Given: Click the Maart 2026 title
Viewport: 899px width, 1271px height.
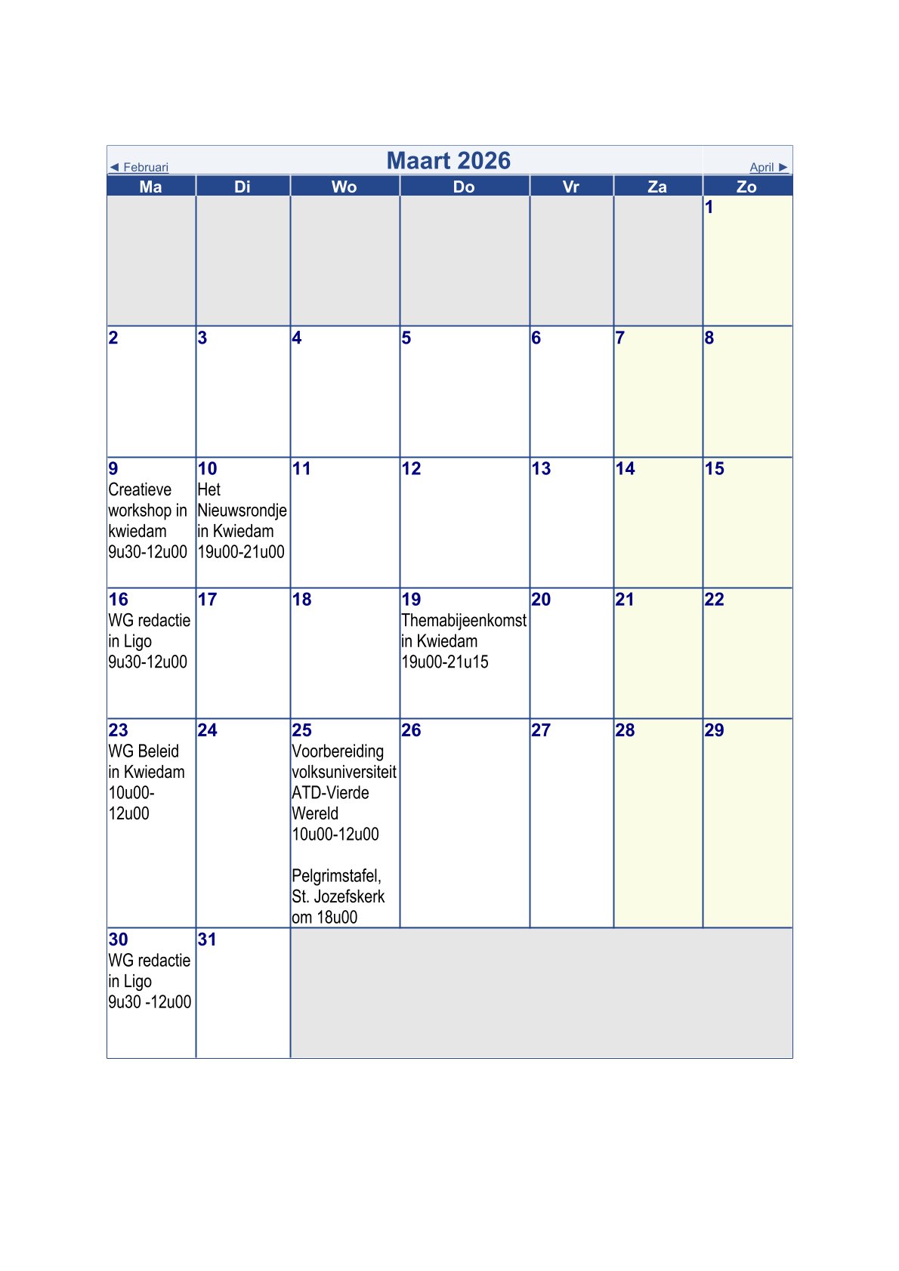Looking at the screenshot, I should pyautogui.click(x=449, y=160).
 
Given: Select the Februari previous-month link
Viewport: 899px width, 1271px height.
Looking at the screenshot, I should pyautogui.click(x=140, y=167).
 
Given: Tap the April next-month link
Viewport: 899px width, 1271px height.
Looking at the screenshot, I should pyautogui.click(x=768, y=167).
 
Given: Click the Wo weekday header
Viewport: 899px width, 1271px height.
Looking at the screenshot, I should pyautogui.click(x=344, y=187).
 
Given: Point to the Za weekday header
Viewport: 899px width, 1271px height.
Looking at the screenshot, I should pyautogui.click(x=657, y=187).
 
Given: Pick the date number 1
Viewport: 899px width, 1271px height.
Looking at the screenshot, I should pyautogui.click(x=709, y=207).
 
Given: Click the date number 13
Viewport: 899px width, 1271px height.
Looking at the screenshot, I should pyautogui.click(x=541, y=469).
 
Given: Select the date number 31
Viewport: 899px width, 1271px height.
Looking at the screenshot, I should pyautogui.click(x=207, y=939).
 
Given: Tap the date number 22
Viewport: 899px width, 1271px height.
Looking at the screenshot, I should pyautogui.click(x=714, y=600).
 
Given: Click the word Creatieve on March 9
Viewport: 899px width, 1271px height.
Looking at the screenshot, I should pyautogui.click(x=140, y=489).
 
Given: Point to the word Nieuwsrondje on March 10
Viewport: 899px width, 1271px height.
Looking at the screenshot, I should pyautogui.click(x=242, y=511).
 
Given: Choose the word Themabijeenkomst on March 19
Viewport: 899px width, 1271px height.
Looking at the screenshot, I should pyautogui.click(x=464, y=621).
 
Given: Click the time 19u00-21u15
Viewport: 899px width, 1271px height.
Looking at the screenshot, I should pyautogui.click(x=445, y=662).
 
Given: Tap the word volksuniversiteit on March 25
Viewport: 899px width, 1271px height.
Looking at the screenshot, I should pyautogui.click(x=344, y=772).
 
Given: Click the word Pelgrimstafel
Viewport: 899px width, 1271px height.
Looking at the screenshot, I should pyautogui.click(x=336, y=876).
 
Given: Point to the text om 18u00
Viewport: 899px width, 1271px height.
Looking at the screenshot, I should pyautogui.click(x=325, y=918).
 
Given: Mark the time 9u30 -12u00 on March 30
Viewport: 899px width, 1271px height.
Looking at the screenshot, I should pyautogui.click(x=150, y=1002).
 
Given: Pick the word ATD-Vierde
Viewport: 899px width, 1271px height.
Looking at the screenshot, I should pyautogui.click(x=330, y=793).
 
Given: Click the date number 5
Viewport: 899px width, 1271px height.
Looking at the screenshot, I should pyautogui.click(x=406, y=338).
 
